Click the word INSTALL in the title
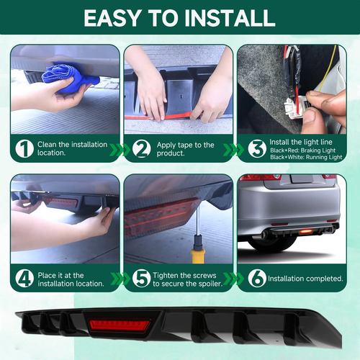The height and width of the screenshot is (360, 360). [x=230, y=18]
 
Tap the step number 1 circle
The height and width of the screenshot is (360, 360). [x=24, y=149]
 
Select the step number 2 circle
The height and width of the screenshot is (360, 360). [x=142, y=149]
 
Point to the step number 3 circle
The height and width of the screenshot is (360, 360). [x=257, y=148]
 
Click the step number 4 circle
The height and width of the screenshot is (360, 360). [x=24, y=279]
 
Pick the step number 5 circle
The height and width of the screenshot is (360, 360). [x=142, y=279]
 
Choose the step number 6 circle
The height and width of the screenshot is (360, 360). [x=257, y=279]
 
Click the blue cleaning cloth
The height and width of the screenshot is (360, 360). [x=70, y=78]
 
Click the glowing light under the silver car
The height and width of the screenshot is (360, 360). [x=304, y=231]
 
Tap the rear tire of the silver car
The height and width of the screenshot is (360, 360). [x=272, y=243]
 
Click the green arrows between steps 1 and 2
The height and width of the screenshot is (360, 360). [x=120, y=149]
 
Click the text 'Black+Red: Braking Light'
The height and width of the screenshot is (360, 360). [x=303, y=150]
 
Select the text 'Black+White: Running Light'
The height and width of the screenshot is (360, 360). [x=306, y=157]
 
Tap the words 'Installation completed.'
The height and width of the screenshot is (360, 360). [x=305, y=279]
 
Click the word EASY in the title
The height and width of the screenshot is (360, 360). [x=112, y=18]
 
